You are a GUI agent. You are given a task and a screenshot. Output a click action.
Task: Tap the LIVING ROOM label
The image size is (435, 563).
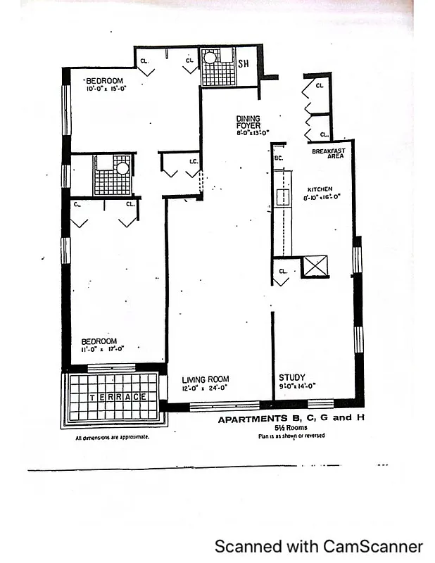coord(205,379)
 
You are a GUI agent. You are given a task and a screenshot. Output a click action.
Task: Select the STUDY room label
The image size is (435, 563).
coord(291,377)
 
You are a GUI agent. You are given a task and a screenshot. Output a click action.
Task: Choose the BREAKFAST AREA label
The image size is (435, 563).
coord(327,153)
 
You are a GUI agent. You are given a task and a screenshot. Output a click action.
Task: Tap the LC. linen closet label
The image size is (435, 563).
coord(194,161)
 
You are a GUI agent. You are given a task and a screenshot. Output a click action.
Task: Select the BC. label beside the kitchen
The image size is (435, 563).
coord(279,158)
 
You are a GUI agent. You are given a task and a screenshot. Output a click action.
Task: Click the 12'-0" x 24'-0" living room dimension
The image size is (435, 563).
coord(205,388)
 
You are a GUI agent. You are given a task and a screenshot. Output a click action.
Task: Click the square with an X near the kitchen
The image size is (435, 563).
coord(315,267)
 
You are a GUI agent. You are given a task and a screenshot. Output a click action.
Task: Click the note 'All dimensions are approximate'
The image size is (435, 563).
coord(112,437)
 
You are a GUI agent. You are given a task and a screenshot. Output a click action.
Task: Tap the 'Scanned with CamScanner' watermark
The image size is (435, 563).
coord(318,546)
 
